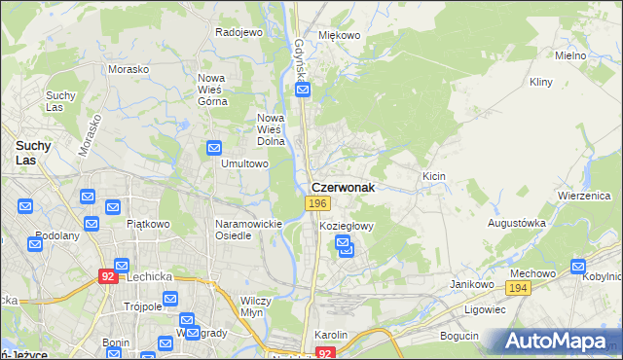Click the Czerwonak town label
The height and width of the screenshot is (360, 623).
pos(343,186)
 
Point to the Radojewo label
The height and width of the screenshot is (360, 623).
pos(239,32)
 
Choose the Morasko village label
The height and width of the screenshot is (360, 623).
pos(128,70)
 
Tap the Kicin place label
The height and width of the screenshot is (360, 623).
pos(434,176)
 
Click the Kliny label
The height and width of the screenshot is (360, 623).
pos(541,84)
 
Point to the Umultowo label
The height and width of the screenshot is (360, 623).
pos(244,163)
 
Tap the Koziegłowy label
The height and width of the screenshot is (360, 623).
pos(347,226)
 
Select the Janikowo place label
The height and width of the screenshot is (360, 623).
pos(468,283)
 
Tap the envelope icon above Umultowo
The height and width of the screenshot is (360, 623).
pos(215,148)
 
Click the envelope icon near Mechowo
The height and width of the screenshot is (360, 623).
pos(578,266)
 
